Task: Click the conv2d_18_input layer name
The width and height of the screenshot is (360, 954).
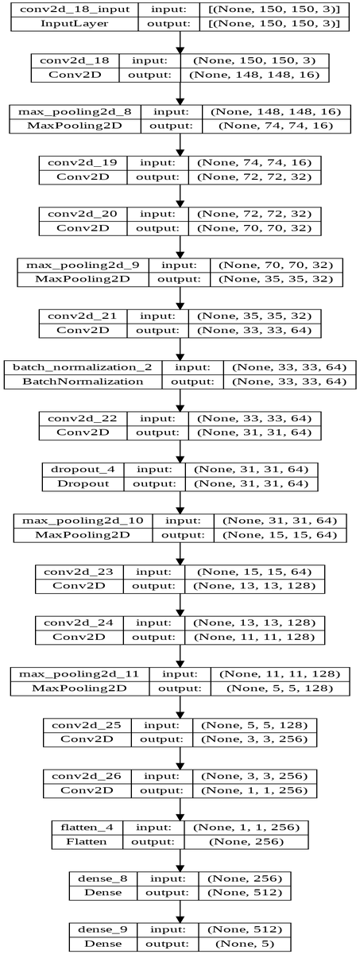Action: click(x=74, y=9)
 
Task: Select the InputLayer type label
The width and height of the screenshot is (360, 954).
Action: click(x=74, y=23)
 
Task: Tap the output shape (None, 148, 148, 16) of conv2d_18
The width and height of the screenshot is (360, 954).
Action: click(x=254, y=75)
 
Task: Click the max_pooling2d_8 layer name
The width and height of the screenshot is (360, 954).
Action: click(x=75, y=111)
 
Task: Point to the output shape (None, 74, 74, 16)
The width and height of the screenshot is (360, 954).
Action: click(x=276, y=126)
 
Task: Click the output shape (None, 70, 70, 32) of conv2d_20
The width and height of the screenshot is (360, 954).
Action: click(x=254, y=228)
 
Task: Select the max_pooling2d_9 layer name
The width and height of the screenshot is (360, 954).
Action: click(x=83, y=265)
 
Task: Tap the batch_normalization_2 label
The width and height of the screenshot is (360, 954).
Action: click(x=82, y=367)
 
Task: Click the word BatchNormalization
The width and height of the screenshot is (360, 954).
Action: click(x=83, y=381)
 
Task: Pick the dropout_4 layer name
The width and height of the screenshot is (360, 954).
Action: click(x=83, y=469)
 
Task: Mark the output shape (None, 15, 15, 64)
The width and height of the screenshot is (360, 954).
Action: click(x=280, y=535)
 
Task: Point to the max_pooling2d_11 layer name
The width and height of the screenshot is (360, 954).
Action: click(x=79, y=674)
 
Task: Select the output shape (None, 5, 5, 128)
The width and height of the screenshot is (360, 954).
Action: click(x=280, y=688)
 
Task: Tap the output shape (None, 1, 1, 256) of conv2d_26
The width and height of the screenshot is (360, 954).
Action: click(x=254, y=790)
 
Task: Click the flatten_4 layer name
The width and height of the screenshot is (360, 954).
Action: click(x=87, y=827)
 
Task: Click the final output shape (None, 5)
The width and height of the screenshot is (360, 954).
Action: click(x=244, y=944)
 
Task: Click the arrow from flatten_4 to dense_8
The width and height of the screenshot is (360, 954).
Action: click(x=180, y=860)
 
